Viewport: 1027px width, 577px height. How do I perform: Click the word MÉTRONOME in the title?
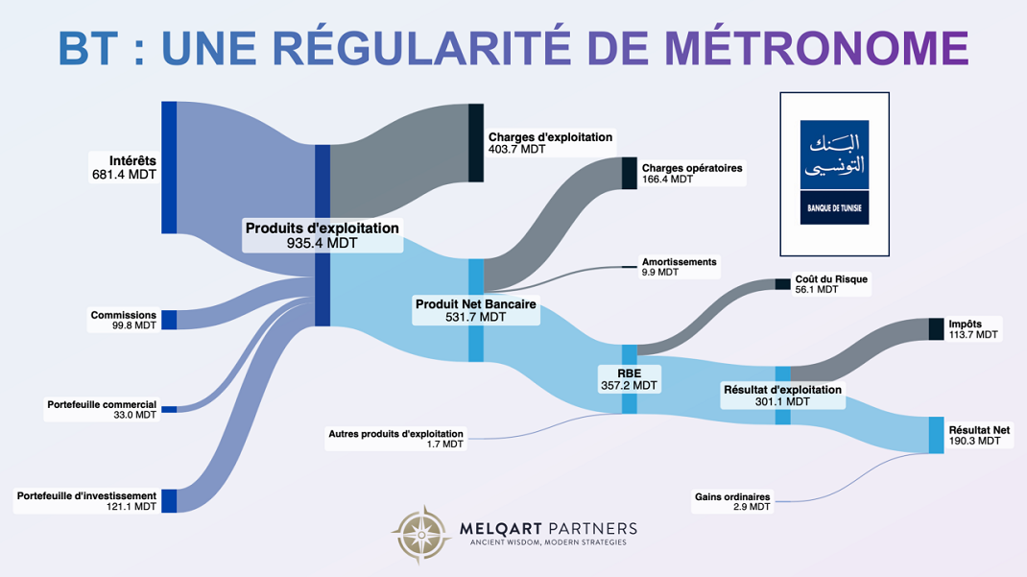(x=815, y=47)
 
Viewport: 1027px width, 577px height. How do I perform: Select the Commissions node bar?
(x=169, y=320)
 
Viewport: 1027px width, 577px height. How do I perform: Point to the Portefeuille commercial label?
(x=102, y=410)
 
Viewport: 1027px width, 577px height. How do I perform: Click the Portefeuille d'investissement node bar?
(x=169, y=500)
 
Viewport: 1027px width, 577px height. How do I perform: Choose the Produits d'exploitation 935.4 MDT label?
(x=322, y=235)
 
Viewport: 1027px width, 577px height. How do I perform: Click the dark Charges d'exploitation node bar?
(x=475, y=142)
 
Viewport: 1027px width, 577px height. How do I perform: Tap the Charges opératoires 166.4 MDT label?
(x=691, y=173)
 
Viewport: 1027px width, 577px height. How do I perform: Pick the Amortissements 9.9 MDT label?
(x=679, y=267)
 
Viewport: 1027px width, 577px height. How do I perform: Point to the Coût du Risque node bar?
(x=782, y=284)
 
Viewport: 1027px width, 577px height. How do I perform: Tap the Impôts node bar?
(x=936, y=328)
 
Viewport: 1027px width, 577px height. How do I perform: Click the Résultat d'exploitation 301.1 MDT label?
(x=781, y=396)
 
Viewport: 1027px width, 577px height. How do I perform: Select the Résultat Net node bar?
(x=936, y=435)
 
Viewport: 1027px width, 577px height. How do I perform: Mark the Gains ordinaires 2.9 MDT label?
(x=732, y=501)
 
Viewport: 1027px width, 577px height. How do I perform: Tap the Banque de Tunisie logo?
(x=834, y=173)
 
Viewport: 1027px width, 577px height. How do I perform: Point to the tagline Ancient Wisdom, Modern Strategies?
(x=548, y=543)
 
